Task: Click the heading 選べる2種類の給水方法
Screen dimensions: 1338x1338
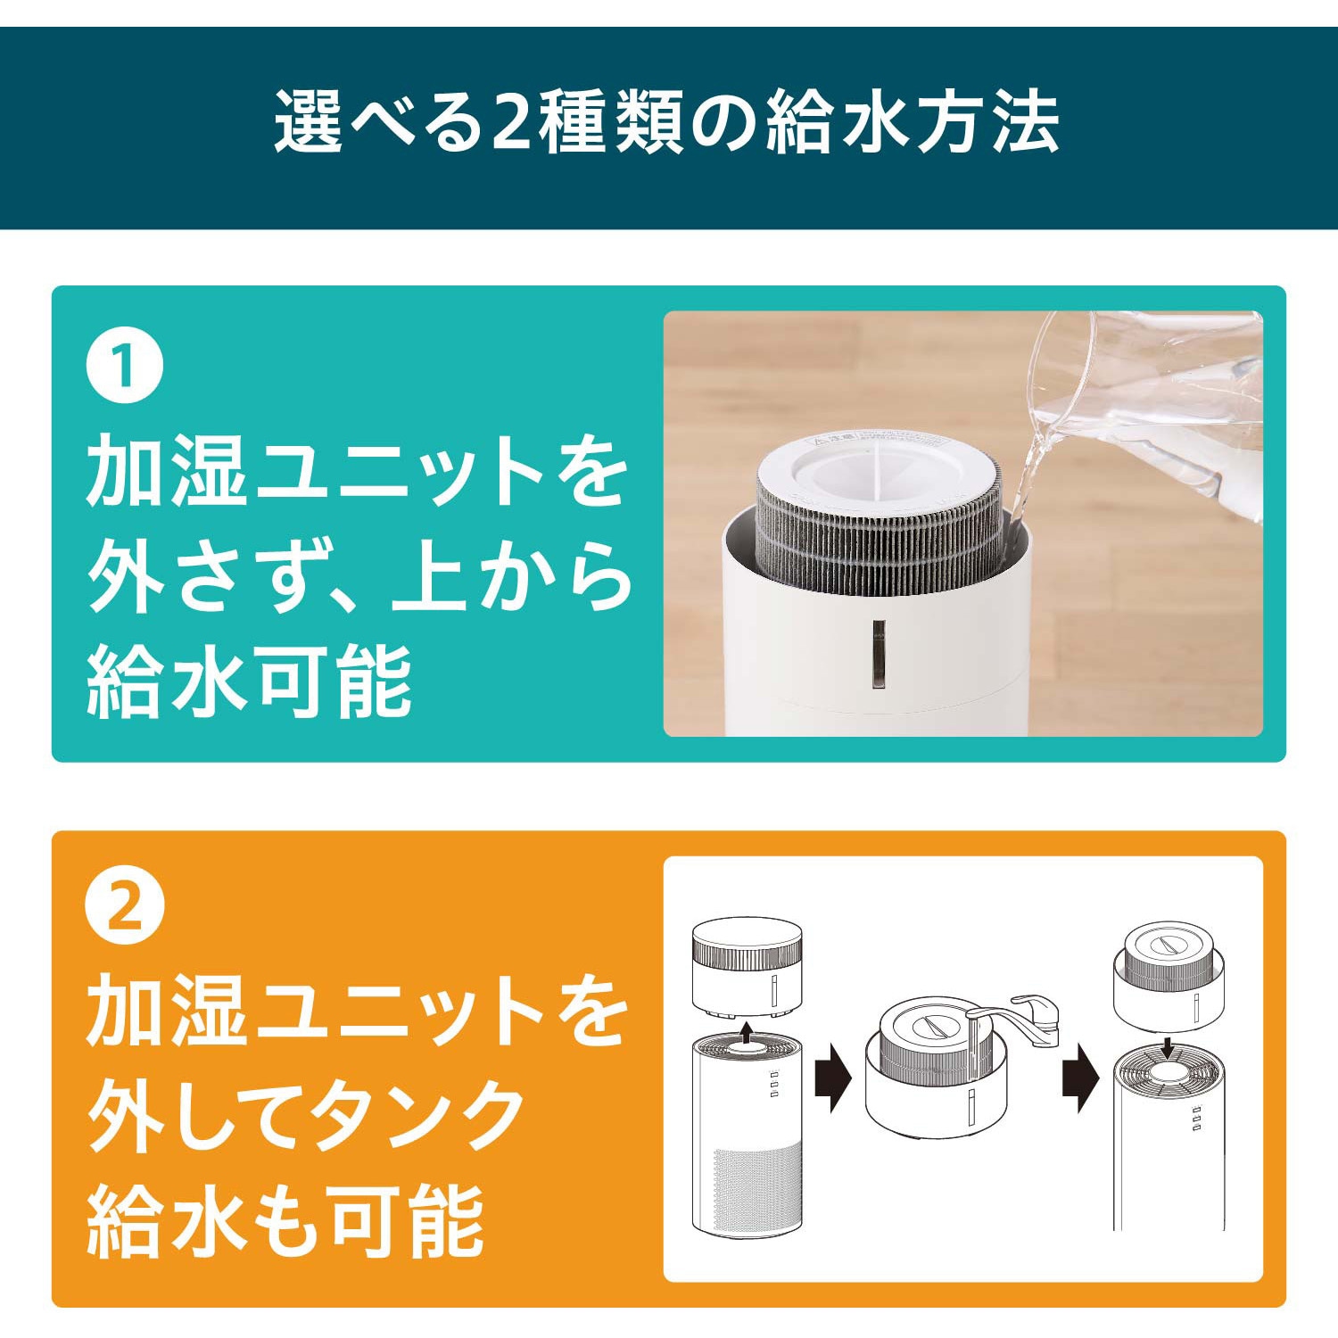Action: point(666,121)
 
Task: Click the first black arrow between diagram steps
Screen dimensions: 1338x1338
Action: point(833,1079)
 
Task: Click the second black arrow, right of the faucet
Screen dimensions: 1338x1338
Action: point(1081,1079)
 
